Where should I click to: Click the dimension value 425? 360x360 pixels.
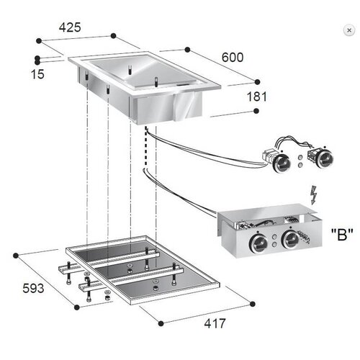pos(70,28)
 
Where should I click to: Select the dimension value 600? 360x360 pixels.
pos(233,56)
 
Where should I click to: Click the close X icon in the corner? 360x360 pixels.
pos(349,31)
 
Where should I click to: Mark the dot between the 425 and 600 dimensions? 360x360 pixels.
pos(186,49)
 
